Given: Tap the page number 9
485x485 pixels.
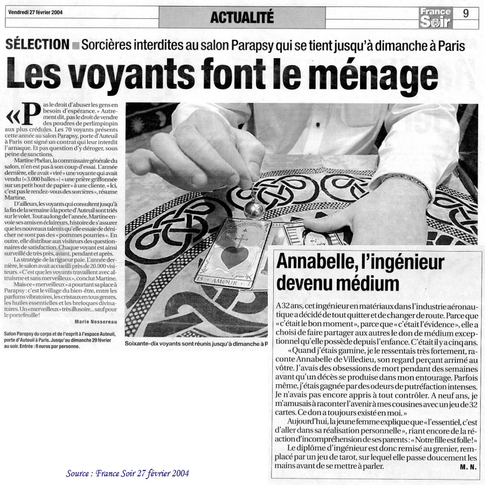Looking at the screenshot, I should (x=466, y=13).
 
